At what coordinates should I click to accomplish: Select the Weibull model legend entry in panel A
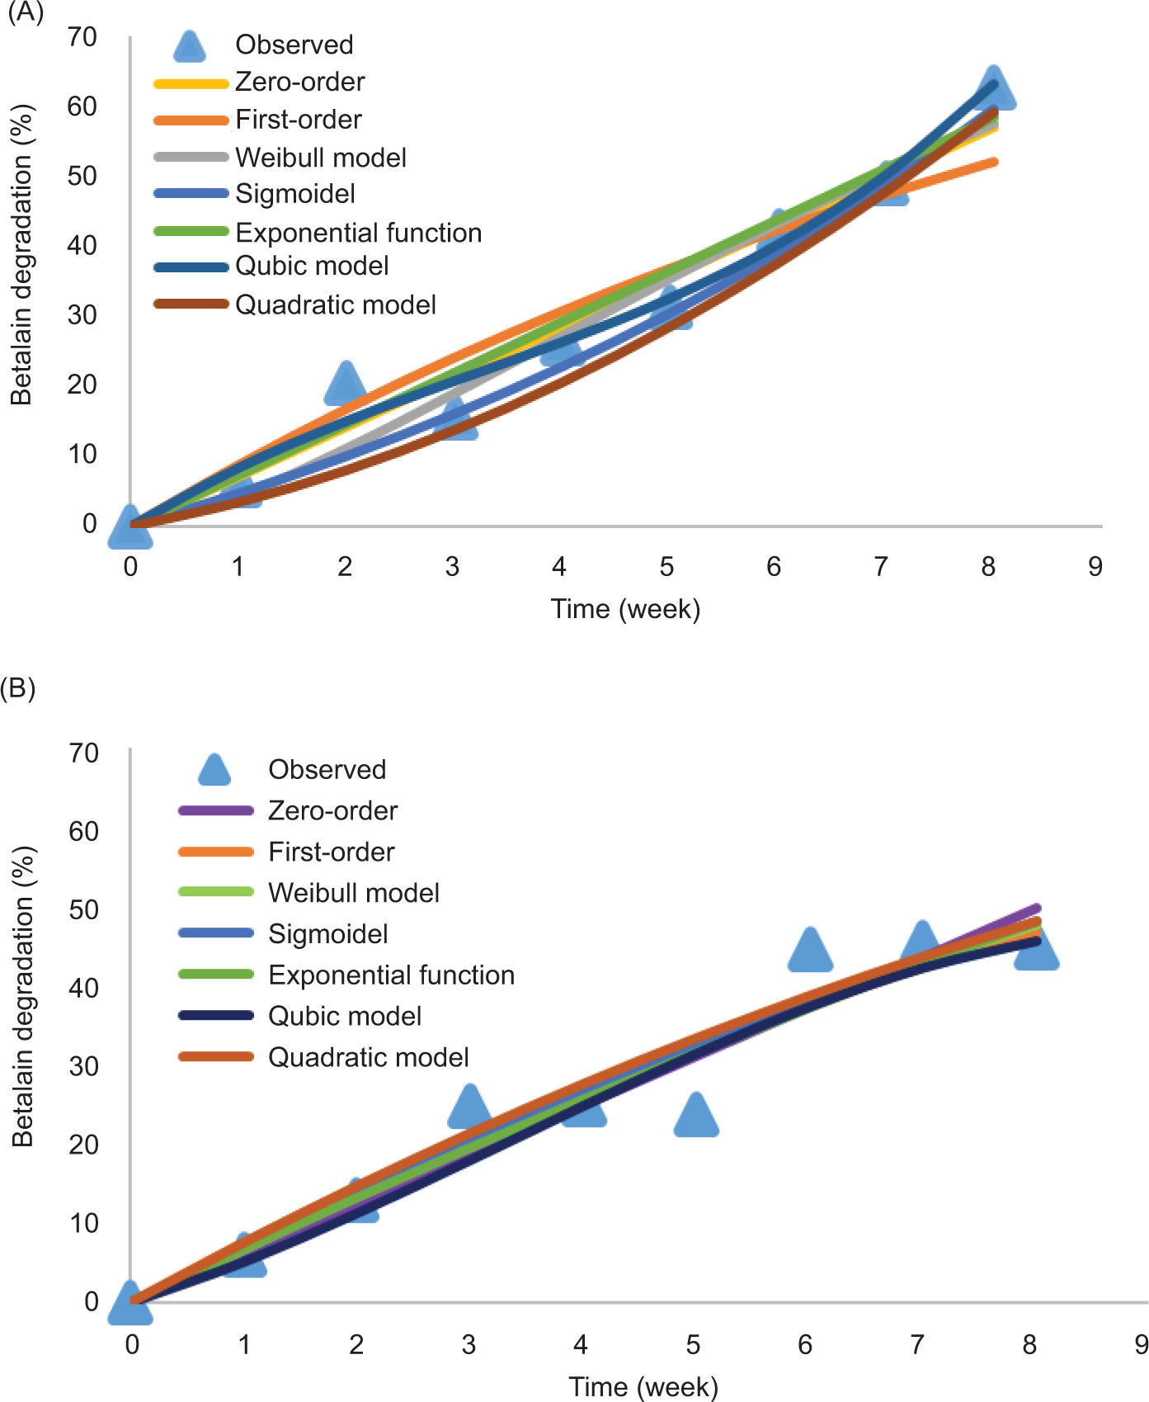[320, 157]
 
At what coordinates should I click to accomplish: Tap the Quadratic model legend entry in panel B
[368, 1057]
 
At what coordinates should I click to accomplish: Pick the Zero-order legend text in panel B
[332, 810]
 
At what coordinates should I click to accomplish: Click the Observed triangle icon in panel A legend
[190, 47]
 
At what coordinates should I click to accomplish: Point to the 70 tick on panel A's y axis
[82, 37]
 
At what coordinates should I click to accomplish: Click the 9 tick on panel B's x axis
[1141, 1345]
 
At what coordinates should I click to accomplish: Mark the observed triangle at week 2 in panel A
[346, 385]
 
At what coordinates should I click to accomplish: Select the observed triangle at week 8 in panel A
[994, 89]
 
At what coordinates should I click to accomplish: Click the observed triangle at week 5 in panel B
[696, 1116]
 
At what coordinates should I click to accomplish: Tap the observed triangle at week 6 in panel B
[810, 951]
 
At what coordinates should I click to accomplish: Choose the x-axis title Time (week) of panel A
[625, 609]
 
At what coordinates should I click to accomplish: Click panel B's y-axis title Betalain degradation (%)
[23, 996]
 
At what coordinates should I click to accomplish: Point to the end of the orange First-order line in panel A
[996, 162]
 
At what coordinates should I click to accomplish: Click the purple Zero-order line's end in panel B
[1036, 909]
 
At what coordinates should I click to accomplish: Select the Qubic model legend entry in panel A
[312, 266]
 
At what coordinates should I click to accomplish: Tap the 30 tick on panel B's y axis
[82, 1066]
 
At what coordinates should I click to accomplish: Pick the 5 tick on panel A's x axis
[666, 567]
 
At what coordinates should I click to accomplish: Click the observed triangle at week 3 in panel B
[469, 1107]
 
